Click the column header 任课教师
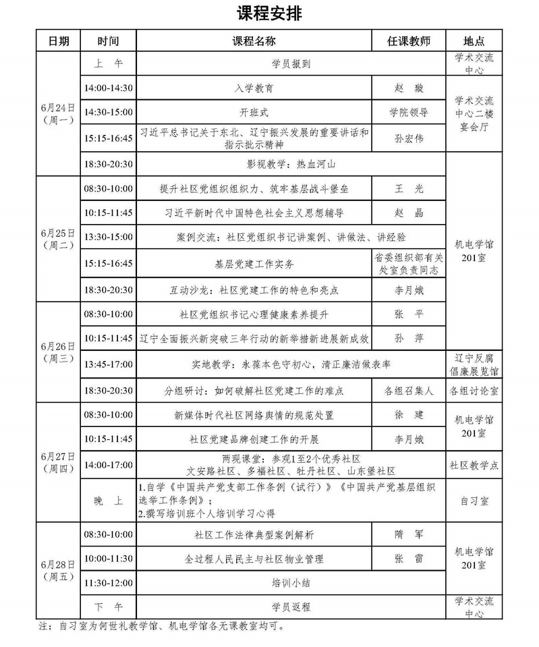coord(407,40)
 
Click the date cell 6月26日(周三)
coord(58,352)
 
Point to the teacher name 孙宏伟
coord(407,139)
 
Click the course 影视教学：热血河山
coord(291,164)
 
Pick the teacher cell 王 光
coord(407,189)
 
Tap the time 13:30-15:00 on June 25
coord(109,237)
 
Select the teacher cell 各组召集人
coord(407,391)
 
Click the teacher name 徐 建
coord(407,415)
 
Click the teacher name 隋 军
coord(407,534)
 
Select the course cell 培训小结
coord(291,582)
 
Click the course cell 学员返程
coord(291,607)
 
